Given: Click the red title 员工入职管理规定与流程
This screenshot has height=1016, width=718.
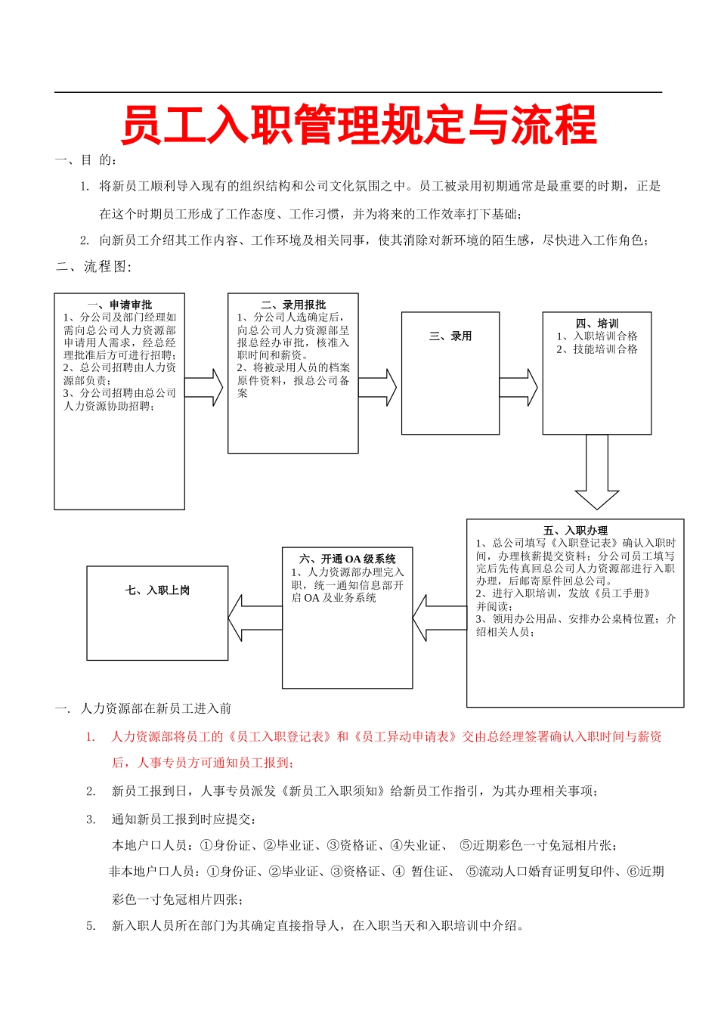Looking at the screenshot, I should (x=359, y=125).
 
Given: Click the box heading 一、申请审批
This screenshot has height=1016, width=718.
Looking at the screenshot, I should (x=119, y=305).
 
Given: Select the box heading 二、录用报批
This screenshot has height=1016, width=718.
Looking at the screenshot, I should (x=293, y=305).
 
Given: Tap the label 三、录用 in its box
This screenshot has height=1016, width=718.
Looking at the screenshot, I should (x=450, y=336).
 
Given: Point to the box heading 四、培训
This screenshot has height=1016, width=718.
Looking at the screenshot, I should (x=597, y=324).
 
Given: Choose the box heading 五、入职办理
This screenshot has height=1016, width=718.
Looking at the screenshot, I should (x=575, y=531).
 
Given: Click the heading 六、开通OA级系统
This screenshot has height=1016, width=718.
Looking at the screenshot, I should (x=348, y=559).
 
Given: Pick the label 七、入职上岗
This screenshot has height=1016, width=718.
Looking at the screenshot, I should (x=157, y=590).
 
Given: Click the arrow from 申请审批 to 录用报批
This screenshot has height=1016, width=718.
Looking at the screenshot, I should (x=204, y=388).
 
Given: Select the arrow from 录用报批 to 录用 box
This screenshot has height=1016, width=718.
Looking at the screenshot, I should (x=378, y=388).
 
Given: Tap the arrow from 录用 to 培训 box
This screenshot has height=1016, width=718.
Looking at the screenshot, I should (x=519, y=388).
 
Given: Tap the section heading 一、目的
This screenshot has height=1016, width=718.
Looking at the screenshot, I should (x=86, y=160).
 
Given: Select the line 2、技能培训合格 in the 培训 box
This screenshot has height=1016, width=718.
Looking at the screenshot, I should (x=597, y=349).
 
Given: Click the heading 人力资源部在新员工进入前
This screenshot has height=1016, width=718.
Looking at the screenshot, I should (x=156, y=709).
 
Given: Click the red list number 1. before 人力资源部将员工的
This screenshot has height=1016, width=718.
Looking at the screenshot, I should (x=90, y=737).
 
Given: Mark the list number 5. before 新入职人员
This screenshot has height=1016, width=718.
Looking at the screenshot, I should (x=91, y=926).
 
